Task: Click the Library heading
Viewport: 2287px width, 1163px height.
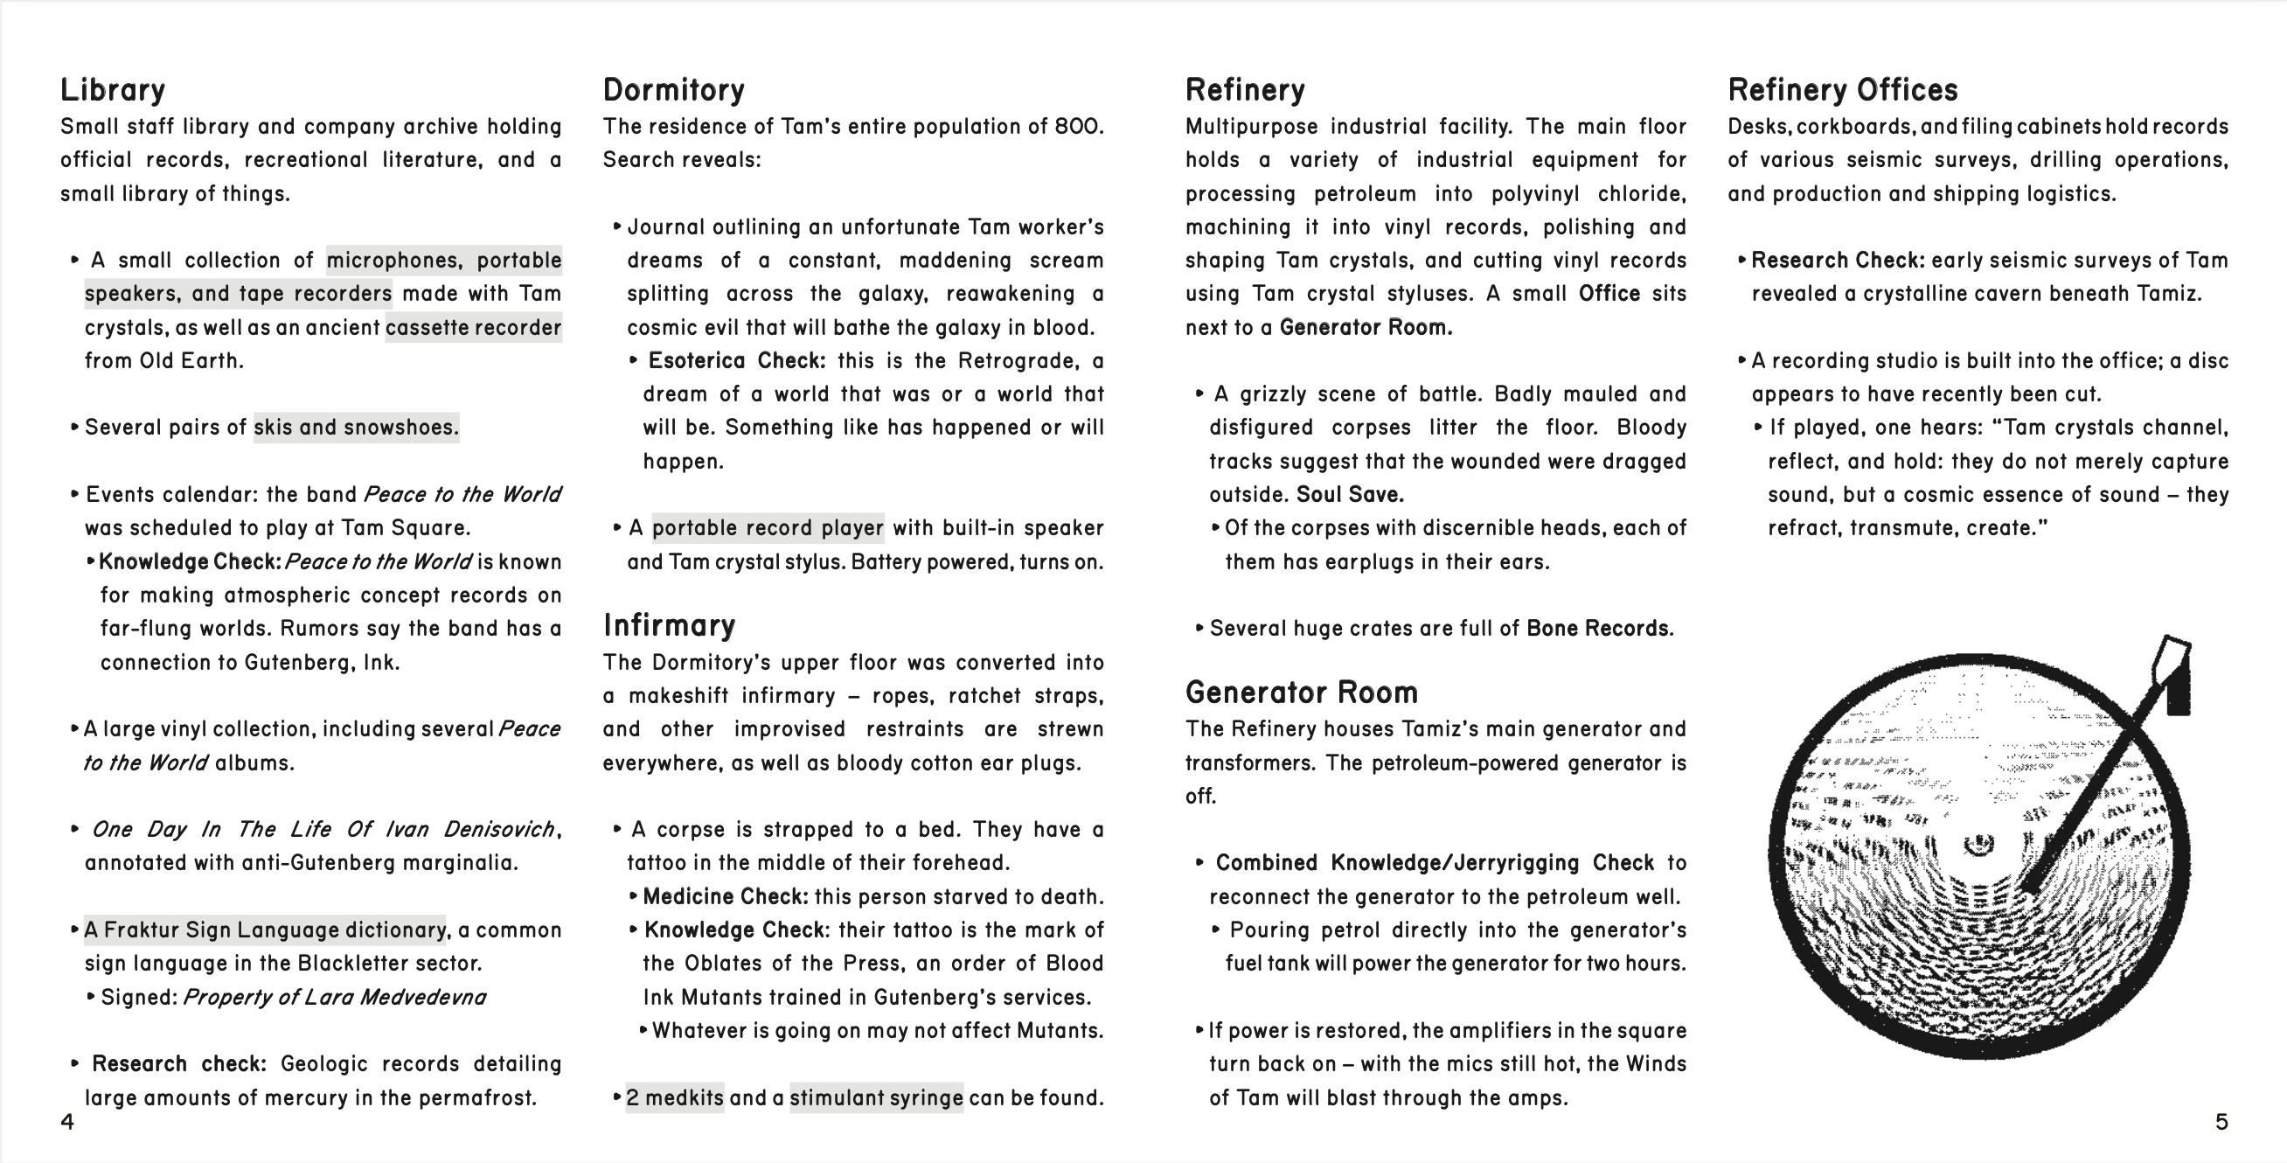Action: point(113,90)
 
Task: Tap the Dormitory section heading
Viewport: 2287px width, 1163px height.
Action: point(673,90)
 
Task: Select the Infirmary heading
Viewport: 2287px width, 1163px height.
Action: point(669,626)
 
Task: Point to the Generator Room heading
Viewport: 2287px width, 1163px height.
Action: point(1301,693)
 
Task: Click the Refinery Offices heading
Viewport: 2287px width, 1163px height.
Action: point(1842,90)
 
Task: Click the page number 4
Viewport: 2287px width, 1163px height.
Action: point(67,1122)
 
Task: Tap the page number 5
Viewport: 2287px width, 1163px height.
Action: point(2221,1122)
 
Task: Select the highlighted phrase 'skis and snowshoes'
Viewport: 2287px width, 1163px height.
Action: point(356,428)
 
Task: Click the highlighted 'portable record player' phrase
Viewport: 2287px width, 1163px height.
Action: point(768,528)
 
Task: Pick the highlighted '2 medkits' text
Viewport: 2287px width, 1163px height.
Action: point(675,1098)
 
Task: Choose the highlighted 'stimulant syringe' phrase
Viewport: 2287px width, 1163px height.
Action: point(876,1098)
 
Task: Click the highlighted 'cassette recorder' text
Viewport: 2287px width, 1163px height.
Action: point(473,328)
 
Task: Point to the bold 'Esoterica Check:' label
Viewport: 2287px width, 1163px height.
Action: point(736,361)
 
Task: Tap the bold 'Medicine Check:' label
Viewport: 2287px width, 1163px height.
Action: point(726,896)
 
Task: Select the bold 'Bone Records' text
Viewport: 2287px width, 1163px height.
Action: point(1597,629)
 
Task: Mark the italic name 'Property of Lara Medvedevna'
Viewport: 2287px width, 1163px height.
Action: point(334,998)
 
